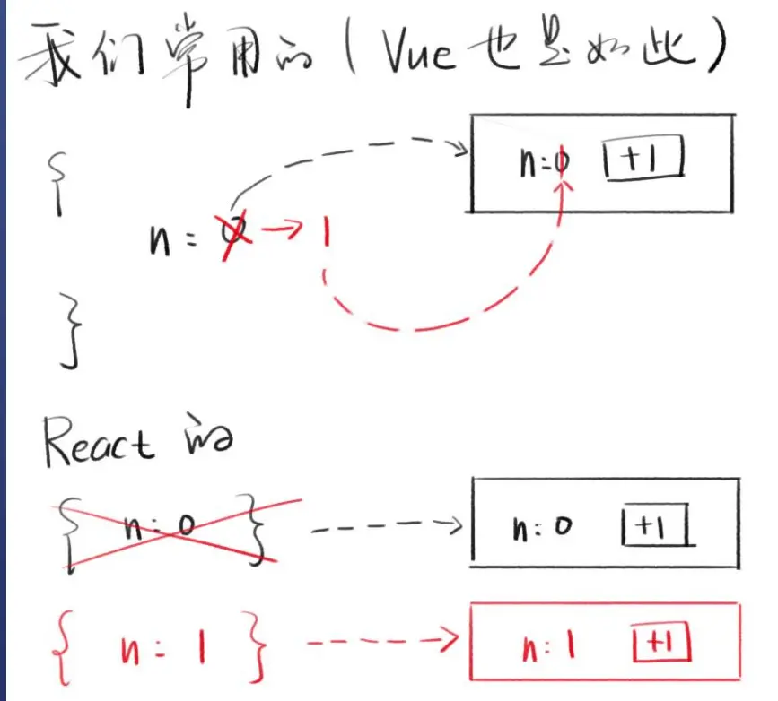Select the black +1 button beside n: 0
(x=659, y=527)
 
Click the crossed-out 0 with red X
(x=234, y=236)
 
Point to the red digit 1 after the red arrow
(x=325, y=235)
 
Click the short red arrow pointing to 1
(x=284, y=233)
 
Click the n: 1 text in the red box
(x=545, y=645)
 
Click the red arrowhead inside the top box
(x=564, y=183)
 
